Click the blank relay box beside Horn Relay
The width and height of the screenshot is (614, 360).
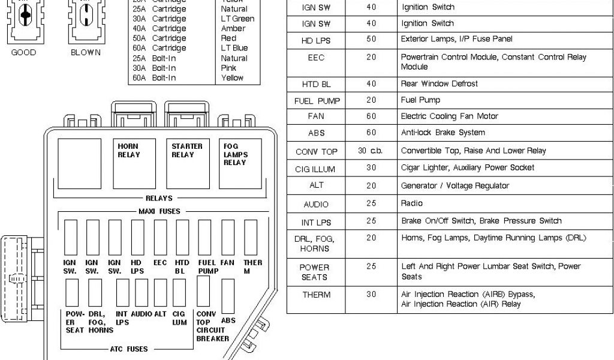point(79,163)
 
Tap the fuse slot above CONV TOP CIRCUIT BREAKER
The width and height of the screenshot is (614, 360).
point(203,292)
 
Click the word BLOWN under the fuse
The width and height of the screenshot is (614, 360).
point(86,53)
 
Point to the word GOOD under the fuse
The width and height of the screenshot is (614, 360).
point(23,53)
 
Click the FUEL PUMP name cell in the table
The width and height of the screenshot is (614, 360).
point(316,101)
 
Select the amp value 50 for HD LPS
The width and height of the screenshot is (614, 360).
point(371,40)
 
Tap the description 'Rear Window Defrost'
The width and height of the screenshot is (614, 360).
point(440,84)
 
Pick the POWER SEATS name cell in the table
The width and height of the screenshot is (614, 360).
point(315,272)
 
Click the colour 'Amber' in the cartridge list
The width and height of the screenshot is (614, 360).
point(233,29)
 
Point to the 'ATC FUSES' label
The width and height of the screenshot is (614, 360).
point(129,349)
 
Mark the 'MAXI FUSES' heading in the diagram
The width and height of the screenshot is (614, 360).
point(159,211)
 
